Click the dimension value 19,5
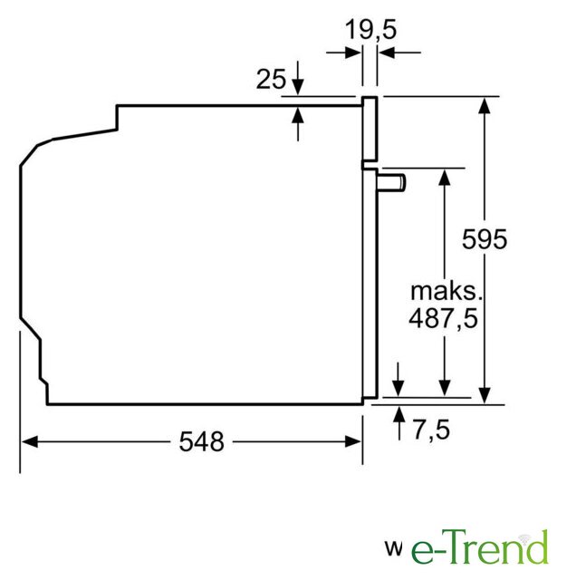[x=370, y=29]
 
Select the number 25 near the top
[x=271, y=79]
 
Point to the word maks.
[x=447, y=291]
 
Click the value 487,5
[x=443, y=318]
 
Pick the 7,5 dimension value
[x=431, y=430]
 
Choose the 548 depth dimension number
[x=201, y=441]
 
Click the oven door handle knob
[x=391, y=183]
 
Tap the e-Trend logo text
[x=479, y=547]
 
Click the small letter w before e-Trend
[x=393, y=548]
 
